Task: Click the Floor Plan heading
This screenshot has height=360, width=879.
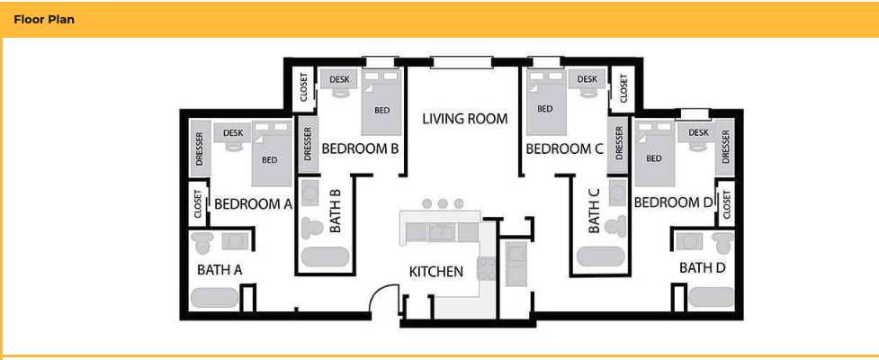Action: [43, 19]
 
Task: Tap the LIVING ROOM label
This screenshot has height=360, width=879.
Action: [465, 119]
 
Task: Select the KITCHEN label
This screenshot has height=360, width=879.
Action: [436, 271]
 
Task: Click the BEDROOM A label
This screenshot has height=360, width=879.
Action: [253, 204]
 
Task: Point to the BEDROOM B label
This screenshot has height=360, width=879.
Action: [360, 148]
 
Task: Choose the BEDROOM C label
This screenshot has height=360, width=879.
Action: [564, 148]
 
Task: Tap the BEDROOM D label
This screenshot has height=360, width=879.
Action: [674, 202]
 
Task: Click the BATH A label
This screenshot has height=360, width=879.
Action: [220, 269]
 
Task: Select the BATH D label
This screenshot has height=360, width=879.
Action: [702, 267]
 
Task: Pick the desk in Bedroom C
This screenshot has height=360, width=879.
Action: [587, 80]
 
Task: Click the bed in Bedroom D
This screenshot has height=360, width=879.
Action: [654, 152]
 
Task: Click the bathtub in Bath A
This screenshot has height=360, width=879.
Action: [214, 298]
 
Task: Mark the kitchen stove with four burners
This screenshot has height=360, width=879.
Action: [486, 267]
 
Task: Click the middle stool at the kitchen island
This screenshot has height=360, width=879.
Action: [443, 204]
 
